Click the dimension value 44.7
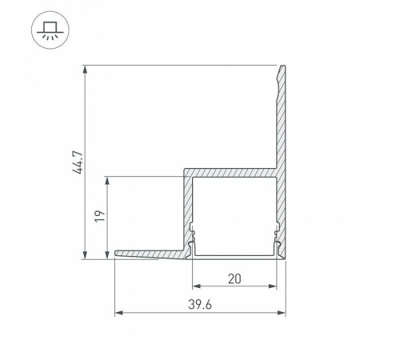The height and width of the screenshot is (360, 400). (78, 162)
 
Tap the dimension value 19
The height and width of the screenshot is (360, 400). (100, 216)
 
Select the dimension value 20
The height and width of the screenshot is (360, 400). (234, 279)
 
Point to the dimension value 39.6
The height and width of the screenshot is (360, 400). (200, 305)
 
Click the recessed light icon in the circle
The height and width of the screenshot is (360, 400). (50, 30)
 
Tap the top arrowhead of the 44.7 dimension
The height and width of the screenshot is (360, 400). (85, 70)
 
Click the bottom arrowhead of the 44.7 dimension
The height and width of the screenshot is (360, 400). (85, 254)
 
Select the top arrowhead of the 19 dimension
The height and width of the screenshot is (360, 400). (107, 181)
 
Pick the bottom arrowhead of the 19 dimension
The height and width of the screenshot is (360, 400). (107, 254)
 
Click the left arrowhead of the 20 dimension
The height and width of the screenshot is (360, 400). (197, 286)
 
